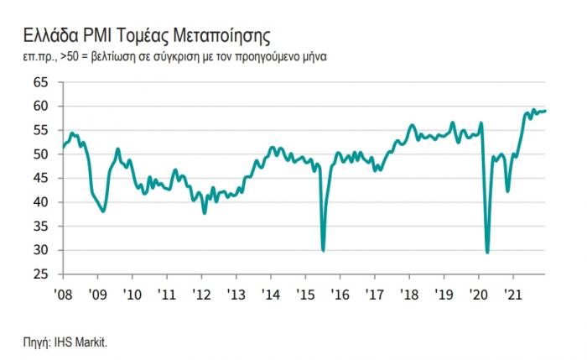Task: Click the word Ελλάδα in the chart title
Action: [x=50, y=36]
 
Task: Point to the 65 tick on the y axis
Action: [x=41, y=82]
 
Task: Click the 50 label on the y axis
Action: [x=41, y=154]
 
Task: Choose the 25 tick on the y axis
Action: [x=41, y=274]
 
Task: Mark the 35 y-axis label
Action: [x=41, y=227]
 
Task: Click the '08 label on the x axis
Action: [x=63, y=295]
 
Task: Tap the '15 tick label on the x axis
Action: [x=305, y=295]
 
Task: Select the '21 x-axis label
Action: [x=513, y=295]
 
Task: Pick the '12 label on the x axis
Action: [x=202, y=295]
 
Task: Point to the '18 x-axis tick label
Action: [x=409, y=295]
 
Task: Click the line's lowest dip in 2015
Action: [x=323, y=251]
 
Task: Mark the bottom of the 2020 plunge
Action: [x=487, y=253]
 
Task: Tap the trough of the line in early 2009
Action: [x=103, y=211]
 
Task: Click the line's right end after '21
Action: [x=545, y=111]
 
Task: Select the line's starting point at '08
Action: [x=63, y=147]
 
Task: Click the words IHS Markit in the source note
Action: [x=81, y=342]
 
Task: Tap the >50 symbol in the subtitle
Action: [x=69, y=57]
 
